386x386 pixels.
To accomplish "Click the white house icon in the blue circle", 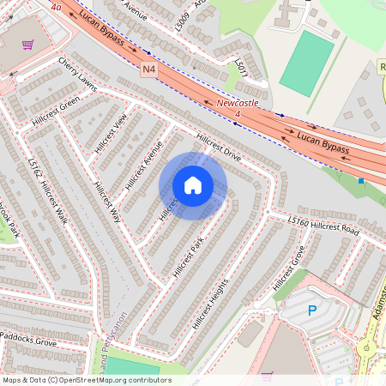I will click(x=193, y=185).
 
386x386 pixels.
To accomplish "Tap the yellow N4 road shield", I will click(x=148, y=67).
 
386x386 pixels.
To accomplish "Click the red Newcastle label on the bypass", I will click(x=237, y=103).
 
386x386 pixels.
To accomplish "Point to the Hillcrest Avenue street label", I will click(x=143, y=164).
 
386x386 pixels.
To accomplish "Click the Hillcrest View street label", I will click(x=109, y=132).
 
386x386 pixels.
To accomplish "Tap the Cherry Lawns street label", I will click(x=76, y=73).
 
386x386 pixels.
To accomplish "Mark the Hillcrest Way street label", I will click(x=108, y=202).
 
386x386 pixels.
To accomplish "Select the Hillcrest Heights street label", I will click(x=214, y=299).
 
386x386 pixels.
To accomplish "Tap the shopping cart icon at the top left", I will click(x=27, y=45).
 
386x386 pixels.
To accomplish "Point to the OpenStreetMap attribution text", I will click(x=87, y=380).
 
